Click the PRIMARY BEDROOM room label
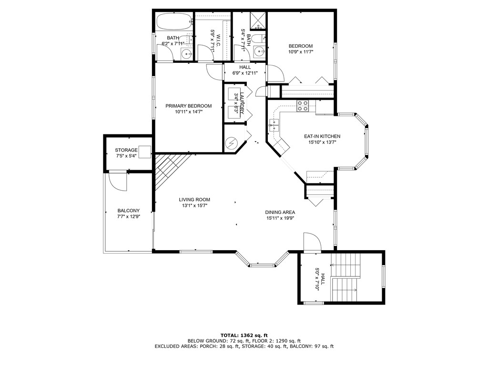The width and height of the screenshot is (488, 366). (188, 106)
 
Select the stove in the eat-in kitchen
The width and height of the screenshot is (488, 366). (303, 106)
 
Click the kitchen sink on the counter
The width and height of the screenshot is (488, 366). (274, 125)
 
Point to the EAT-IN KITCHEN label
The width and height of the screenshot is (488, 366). (322, 136)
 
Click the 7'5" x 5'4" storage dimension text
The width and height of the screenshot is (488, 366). (126, 156)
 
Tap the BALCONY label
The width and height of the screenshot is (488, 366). (128, 211)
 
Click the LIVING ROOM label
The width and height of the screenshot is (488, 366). (194, 200)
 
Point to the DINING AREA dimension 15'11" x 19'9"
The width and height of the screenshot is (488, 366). (280, 218)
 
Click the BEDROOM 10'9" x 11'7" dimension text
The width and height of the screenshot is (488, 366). (300, 52)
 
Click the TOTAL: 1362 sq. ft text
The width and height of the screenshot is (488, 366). (244, 335)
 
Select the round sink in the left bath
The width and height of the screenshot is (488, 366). (187, 54)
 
